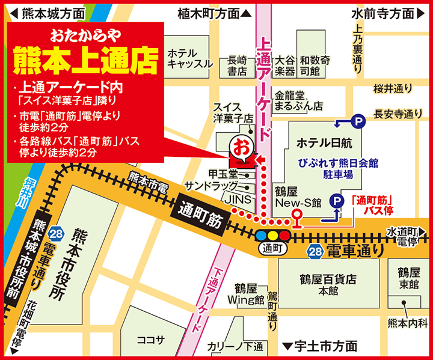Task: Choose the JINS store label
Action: tap(235, 198)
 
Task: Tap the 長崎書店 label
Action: tap(237, 66)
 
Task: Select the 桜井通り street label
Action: tap(393, 89)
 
